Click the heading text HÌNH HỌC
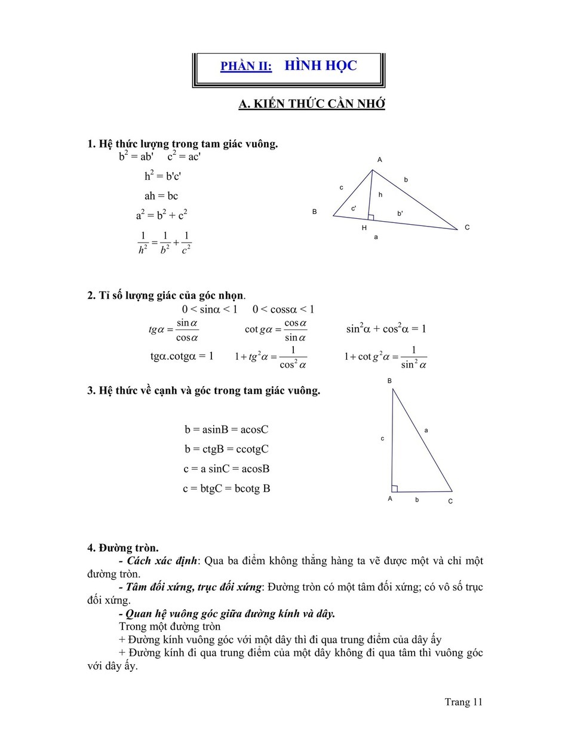[320, 65]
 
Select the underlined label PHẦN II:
[246, 66]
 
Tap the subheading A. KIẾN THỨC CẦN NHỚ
[311, 103]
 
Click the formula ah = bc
[161, 196]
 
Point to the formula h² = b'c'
[162, 176]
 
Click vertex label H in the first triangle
[364, 228]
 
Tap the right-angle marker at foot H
[371, 217]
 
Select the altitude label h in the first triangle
[380, 195]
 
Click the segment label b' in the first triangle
[400, 213]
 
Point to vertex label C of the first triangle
[467, 227]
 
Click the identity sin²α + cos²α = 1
[386, 329]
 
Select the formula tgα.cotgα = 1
[182, 356]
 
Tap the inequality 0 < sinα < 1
[210, 309]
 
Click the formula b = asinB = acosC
[226, 429]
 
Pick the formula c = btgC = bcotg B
[226, 488]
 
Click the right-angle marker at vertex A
[394, 488]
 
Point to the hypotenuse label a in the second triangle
[426, 430]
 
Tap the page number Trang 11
[463, 702]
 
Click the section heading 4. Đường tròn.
[123, 548]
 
